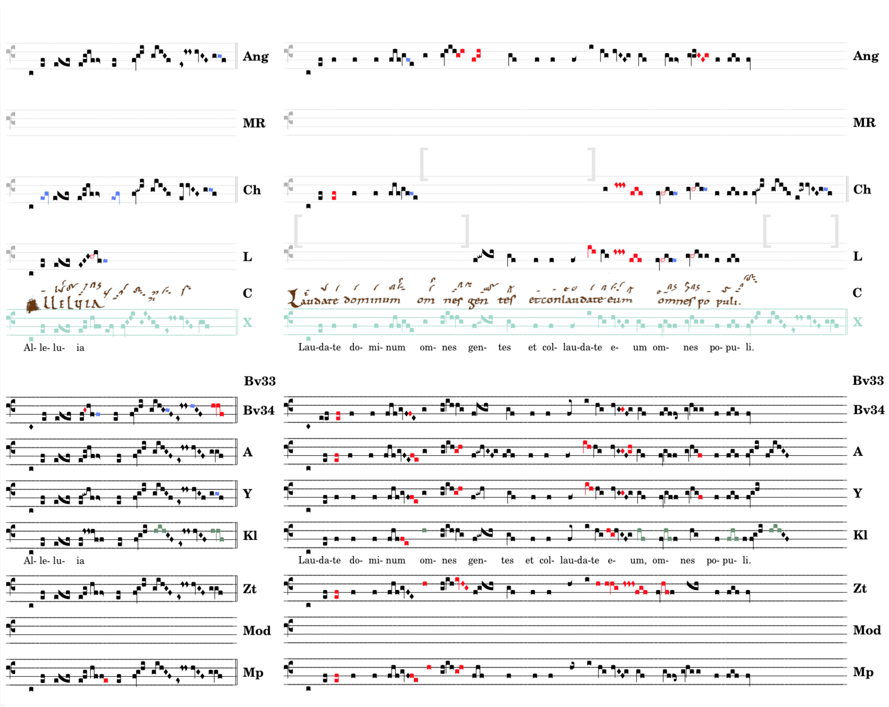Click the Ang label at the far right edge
pos(865,56)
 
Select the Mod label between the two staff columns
pos(257,631)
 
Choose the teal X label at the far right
pos(857,322)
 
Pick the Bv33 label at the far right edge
pos(868,381)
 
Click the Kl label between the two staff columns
pos(250,536)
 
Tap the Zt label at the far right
pos(860,588)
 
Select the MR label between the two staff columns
pos(254,123)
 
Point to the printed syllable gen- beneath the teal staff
pos(477,347)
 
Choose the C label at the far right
pos(857,293)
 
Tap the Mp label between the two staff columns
pos(253,673)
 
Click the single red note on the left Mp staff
pos(106,680)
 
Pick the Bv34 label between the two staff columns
pos(259,410)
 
